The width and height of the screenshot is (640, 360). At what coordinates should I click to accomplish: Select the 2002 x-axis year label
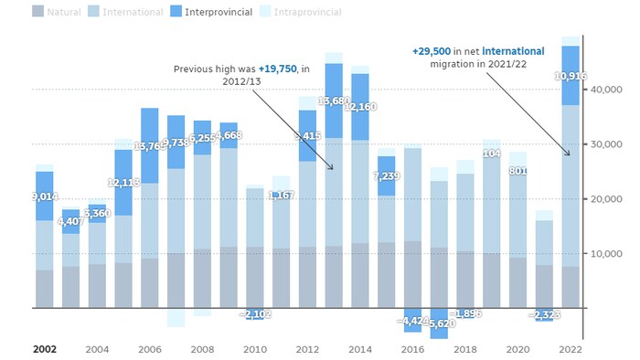44,349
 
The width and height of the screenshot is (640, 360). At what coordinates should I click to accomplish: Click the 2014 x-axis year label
359,349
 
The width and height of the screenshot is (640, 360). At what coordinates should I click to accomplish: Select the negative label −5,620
440,323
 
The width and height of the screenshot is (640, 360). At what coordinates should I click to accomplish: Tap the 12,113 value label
123,183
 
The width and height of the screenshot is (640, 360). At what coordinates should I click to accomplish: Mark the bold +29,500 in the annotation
434,51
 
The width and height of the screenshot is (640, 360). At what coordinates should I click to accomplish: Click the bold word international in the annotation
513,51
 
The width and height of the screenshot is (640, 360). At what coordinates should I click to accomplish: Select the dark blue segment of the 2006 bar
150,146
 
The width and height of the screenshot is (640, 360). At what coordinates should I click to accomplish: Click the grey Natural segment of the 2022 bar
570,287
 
